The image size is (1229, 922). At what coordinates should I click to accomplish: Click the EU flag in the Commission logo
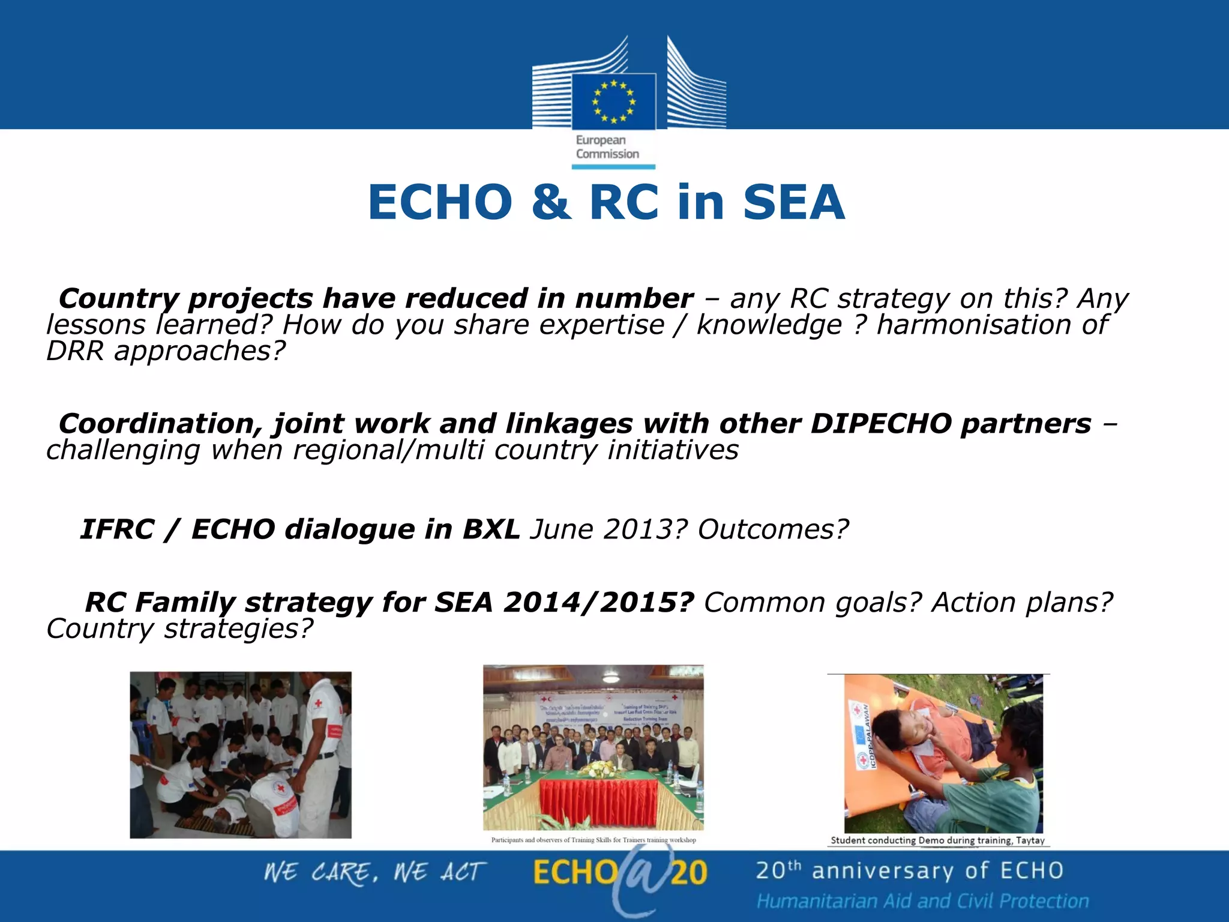tap(613, 101)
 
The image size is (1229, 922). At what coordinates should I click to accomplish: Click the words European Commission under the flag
tap(607, 147)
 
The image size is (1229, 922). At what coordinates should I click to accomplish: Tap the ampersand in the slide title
tap(550, 202)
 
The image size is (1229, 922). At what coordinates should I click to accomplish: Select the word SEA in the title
tap(793, 202)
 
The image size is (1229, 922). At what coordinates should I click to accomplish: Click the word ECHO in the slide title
tap(440, 202)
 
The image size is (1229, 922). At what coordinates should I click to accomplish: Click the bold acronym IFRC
tap(117, 529)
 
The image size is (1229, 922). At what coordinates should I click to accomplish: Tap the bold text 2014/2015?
tap(598, 603)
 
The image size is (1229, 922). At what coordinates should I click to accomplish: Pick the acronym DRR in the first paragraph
tap(75, 351)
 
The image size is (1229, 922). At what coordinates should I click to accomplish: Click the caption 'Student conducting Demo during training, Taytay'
tap(937, 840)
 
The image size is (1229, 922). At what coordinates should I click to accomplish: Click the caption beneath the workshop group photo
tap(593, 840)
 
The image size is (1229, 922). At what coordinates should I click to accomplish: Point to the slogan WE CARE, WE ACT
tap(375, 873)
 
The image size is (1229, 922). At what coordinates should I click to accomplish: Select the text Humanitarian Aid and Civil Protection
tap(922, 901)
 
